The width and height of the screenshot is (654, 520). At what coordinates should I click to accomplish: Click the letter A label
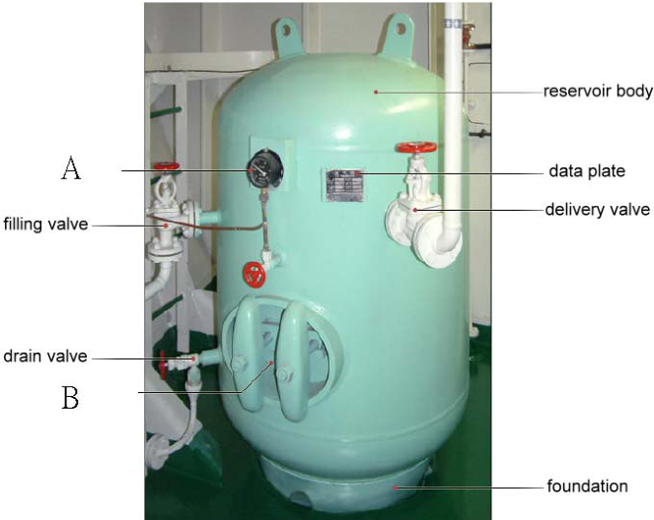pos(71,167)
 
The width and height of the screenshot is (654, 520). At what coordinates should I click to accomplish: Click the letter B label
pos(70,398)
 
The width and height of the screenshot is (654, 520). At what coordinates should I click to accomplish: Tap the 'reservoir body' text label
pos(598,92)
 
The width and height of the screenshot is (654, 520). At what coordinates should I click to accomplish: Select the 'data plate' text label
pos(587,170)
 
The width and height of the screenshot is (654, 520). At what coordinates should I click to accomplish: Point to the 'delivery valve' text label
pos(597,209)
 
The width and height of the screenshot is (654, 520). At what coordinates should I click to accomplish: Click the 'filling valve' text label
pos(46,224)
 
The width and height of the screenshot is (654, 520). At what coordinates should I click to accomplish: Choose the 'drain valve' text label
pos(45,356)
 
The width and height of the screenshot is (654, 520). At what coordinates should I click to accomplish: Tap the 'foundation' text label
pos(587,486)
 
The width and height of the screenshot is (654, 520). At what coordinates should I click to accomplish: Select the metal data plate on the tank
pos(344,185)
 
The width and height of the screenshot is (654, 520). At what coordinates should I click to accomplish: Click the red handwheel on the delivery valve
pos(416,147)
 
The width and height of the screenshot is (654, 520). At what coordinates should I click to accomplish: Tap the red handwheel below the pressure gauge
pos(254,275)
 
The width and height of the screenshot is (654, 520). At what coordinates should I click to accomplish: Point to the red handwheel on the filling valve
pos(167,165)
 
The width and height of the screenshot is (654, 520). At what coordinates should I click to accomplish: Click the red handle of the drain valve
pos(163,364)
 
